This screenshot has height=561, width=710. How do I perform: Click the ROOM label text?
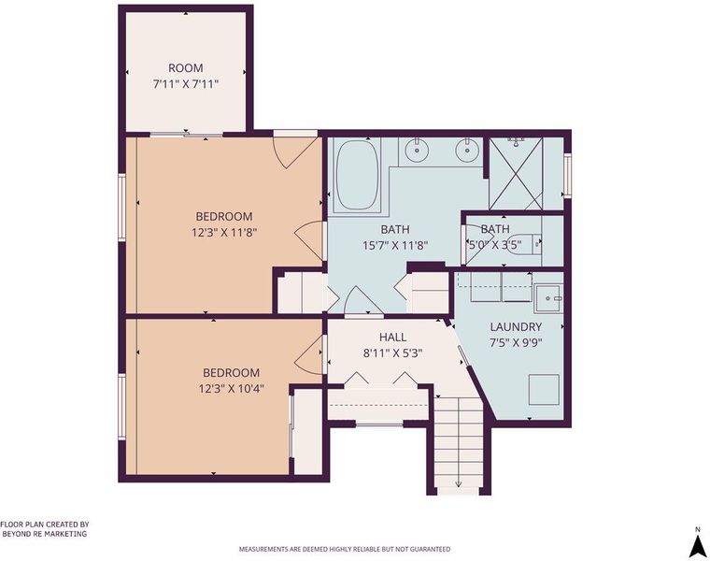[186, 68]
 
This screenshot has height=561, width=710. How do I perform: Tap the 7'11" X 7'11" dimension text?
[186, 84]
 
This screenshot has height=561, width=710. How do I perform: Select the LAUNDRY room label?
[517, 326]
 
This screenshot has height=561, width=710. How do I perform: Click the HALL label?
[392, 338]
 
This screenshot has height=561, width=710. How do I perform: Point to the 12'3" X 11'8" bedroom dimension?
[224, 233]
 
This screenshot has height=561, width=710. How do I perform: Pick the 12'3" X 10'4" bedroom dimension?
[232, 389]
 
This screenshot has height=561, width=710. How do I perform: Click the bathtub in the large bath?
[358, 175]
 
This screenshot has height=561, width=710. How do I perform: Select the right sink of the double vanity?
[466, 151]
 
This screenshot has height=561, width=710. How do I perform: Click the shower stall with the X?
[517, 173]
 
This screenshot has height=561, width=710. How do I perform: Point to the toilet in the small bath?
[524, 244]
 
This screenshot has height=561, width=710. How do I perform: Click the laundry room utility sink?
[548, 298]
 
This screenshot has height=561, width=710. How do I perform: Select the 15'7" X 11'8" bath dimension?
[395, 246]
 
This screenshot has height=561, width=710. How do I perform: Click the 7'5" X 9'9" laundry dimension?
[517, 342]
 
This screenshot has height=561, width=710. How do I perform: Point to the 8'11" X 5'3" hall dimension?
[392, 353]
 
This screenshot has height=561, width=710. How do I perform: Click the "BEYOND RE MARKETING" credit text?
[45, 534]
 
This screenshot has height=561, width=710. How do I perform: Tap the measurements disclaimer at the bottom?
[345, 549]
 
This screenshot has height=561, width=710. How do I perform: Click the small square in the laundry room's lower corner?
[545, 389]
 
